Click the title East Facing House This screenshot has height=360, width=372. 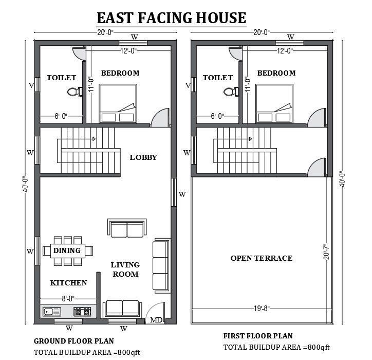pos(172,18)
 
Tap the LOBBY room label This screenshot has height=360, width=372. pos(143,157)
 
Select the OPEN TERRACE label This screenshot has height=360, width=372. pos(261,258)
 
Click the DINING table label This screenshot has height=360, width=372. pos(67,250)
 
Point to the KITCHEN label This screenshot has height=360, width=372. pos(68,283)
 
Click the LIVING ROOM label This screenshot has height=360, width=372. pos(125,269)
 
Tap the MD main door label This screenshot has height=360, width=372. pos(156,320)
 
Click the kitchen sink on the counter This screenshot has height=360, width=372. pos(52,311)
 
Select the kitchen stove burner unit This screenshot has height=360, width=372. pos(82,311)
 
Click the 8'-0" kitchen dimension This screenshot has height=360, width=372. pos(68,298)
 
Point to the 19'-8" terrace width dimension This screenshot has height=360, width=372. pos(261,309)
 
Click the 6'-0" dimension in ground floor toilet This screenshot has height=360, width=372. pos(61,116)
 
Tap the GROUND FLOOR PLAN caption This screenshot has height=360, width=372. pos(74,341)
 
